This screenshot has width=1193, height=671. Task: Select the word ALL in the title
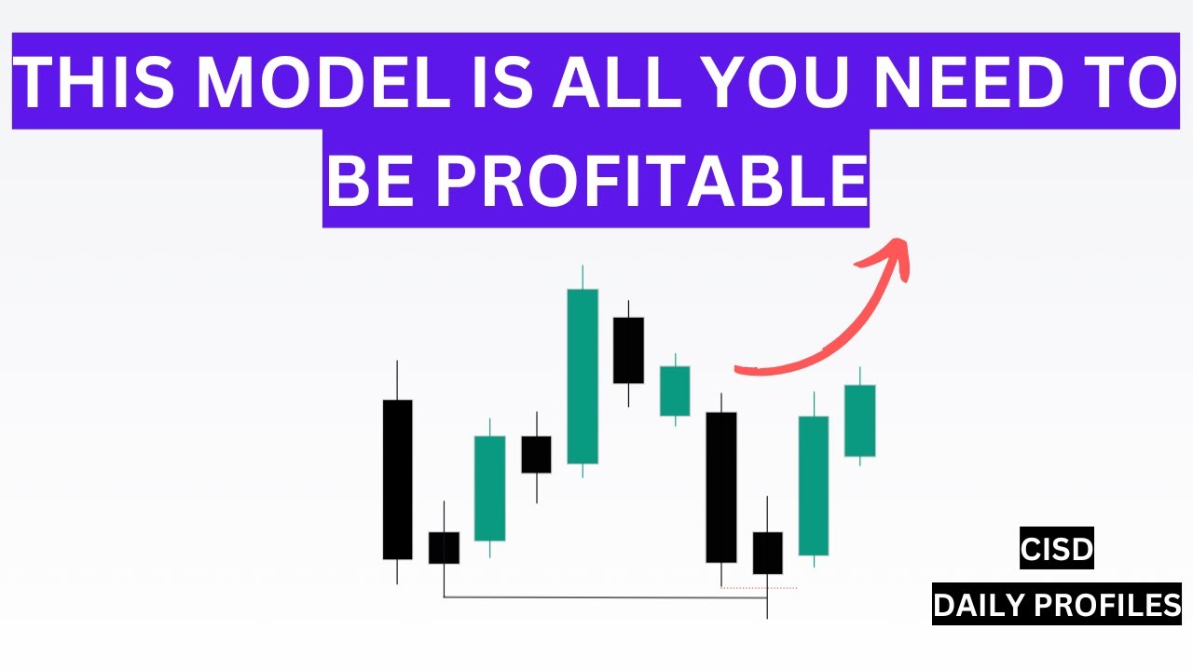[x=609, y=81]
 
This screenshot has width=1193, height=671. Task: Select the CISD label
[x=1056, y=550]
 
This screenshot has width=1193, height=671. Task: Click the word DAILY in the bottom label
[x=976, y=606]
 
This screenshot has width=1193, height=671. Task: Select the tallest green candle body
[x=583, y=376]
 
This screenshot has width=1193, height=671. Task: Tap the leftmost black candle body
[x=397, y=479]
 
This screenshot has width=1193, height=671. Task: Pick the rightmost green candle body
[x=859, y=420]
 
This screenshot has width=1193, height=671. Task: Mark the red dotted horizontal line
[x=760, y=588]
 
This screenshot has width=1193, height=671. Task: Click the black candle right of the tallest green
[x=628, y=349]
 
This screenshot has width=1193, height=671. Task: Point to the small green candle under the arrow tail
[x=675, y=390]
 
